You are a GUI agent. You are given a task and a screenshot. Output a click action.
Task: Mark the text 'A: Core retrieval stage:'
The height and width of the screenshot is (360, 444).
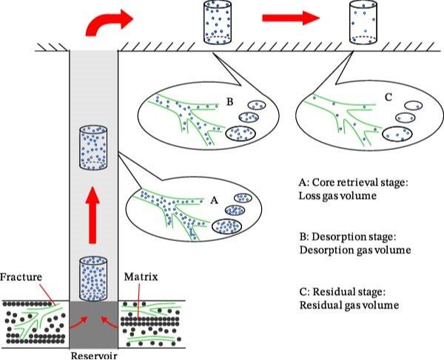[348, 182]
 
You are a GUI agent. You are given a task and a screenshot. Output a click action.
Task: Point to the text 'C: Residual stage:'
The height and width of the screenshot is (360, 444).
[337, 291]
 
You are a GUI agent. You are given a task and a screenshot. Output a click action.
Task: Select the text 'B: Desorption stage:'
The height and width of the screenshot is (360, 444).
[342, 237]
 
